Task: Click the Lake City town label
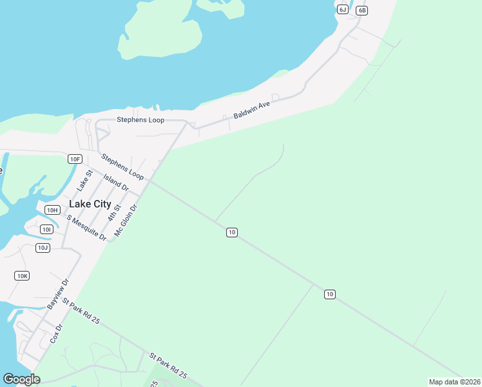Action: [x=90, y=204]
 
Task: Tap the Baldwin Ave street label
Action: [x=251, y=108]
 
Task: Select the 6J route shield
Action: [x=342, y=9]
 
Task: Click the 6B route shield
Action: [x=361, y=10]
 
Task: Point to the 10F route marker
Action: [x=75, y=159]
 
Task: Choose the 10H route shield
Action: [x=52, y=210]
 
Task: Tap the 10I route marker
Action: [x=46, y=229]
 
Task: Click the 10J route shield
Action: [x=43, y=248]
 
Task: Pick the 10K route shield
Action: [x=22, y=275]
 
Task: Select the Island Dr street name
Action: [x=116, y=183]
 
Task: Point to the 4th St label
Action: [x=115, y=212]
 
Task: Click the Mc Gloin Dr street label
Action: [x=126, y=221]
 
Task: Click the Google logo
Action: [x=21, y=379]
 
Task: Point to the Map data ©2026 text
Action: [x=454, y=382]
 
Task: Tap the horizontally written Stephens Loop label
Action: [x=140, y=120]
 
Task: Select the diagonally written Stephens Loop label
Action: [x=122, y=166]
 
